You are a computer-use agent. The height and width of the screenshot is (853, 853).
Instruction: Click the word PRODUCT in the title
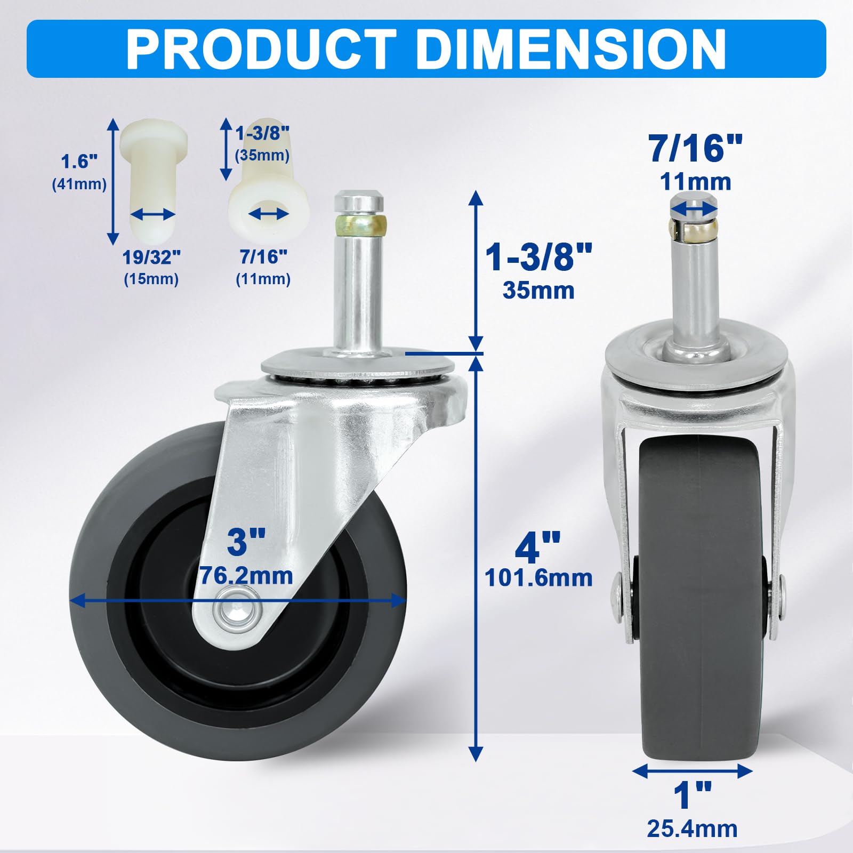(x=261, y=49)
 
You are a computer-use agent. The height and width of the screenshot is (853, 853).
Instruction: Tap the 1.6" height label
(x=79, y=161)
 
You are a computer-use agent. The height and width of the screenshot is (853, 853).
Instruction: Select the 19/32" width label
(x=151, y=257)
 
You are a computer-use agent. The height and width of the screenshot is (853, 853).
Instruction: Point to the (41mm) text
(x=79, y=184)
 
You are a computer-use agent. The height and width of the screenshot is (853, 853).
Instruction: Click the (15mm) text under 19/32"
(x=151, y=279)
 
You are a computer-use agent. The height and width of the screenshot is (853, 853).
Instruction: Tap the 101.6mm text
(x=538, y=578)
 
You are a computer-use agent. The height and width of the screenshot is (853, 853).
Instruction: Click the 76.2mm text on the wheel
(x=246, y=576)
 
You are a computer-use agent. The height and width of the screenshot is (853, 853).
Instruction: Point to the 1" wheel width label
(x=692, y=795)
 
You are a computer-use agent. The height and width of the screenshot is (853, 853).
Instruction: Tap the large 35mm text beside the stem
(x=538, y=291)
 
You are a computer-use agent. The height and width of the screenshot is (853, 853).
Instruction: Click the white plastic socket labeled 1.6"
(x=154, y=171)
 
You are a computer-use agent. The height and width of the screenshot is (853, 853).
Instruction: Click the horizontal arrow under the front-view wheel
(x=692, y=770)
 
